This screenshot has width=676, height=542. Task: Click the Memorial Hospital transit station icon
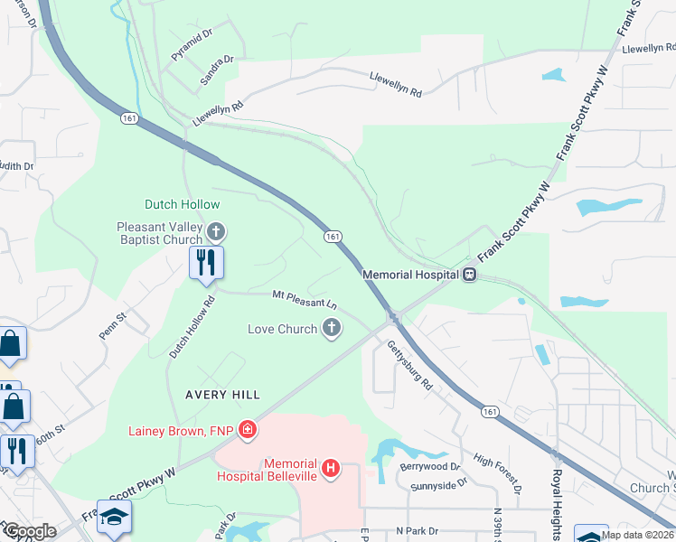[470, 274]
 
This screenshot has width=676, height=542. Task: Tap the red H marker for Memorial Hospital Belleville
[332, 468]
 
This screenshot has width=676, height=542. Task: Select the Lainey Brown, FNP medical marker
[248, 429]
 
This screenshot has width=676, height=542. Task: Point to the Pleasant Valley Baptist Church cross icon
[215, 232]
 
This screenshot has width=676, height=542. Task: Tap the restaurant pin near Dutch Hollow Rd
[206, 264]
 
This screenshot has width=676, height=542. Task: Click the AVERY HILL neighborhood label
[223, 395]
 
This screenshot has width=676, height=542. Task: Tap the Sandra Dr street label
[217, 70]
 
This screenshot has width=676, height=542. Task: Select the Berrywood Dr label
[430, 468]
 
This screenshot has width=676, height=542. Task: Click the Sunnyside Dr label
[438, 484]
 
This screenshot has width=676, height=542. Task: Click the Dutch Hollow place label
[182, 205]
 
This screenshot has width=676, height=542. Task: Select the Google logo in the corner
[31, 531]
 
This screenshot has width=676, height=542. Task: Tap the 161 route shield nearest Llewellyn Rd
[127, 117]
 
